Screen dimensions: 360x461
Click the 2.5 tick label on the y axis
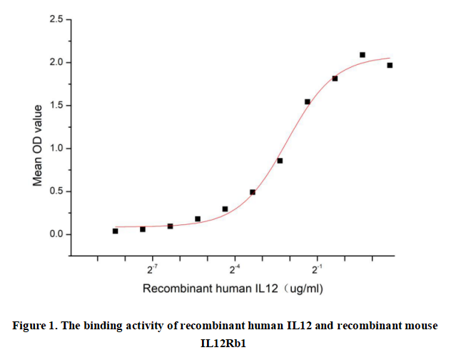click(56, 19)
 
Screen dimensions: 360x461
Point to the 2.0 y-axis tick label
click(56, 63)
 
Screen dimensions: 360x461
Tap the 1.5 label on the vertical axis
click(56, 106)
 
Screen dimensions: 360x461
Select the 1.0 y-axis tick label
click(56, 149)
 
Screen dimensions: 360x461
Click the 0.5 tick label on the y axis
click(56, 191)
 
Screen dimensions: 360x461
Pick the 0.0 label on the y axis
click(56, 234)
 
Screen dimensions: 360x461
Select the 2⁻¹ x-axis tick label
click(318, 271)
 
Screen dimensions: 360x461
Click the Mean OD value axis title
click(38, 146)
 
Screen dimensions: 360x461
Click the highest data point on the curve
click(363, 55)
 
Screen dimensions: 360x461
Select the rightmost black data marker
click(390, 66)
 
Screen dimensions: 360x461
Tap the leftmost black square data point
click(116, 231)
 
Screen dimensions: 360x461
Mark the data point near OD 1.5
click(308, 102)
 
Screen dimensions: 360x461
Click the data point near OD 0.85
click(280, 161)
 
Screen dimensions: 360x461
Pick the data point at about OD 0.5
click(253, 192)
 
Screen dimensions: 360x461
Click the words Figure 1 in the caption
click(35, 326)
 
